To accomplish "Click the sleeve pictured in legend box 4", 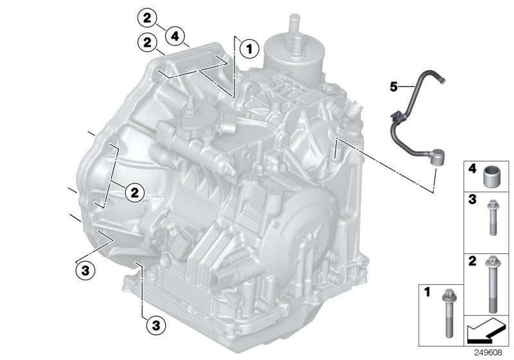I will point(493,175).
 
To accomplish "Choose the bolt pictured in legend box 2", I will point(493,282).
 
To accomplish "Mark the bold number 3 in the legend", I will point(471,201).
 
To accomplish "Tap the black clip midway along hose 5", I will point(394,117).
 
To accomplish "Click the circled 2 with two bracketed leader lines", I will point(134,191).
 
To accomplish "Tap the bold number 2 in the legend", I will point(471,262).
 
